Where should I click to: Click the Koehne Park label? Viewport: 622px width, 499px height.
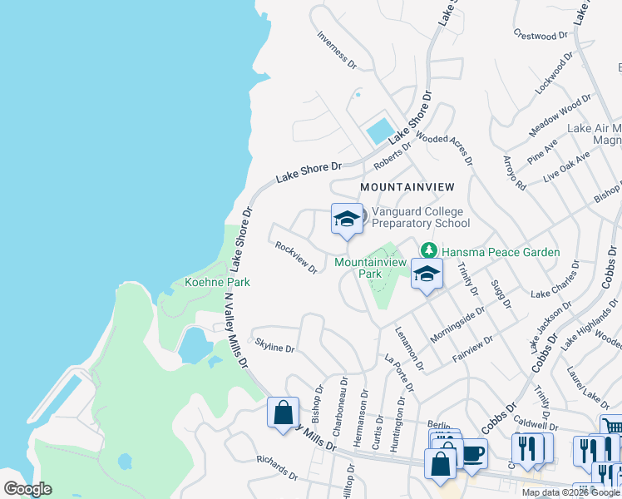click(x=217, y=282)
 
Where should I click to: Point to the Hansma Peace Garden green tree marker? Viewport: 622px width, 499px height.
click(x=428, y=249)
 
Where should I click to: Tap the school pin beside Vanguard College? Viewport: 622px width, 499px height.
click(x=347, y=220)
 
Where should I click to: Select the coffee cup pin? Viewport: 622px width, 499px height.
click(x=473, y=453)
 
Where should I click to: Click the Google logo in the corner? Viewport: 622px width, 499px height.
click(x=27, y=489)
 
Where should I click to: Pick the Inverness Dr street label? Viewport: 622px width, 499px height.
click(x=337, y=50)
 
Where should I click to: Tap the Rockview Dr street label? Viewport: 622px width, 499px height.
click(x=296, y=257)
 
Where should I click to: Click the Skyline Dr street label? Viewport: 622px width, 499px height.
click(x=274, y=345)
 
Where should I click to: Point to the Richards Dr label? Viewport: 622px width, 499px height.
click(x=277, y=468)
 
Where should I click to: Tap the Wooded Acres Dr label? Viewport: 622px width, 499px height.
click(x=444, y=149)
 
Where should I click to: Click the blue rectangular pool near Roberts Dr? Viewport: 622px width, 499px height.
click(x=379, y=130)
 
